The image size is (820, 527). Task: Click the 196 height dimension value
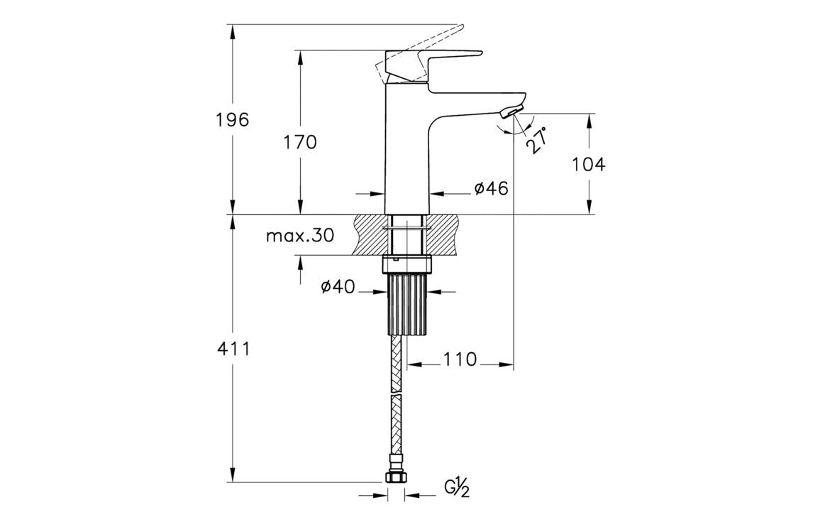click(x=233, y=119)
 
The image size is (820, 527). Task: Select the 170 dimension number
click(x=300, y=142)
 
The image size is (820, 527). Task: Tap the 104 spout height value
click(x=589, y=165)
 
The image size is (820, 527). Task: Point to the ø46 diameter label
click(x=492, y=188)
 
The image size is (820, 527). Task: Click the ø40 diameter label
click(x=338, y=286)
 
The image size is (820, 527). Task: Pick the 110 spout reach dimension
click(x=460, y=359)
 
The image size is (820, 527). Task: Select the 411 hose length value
click(x=233, y=349)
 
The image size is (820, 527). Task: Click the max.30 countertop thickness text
click(x=299, y=236)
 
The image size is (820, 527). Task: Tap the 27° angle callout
click(x=537, y=140)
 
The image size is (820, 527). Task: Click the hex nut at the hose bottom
click(x=396, y=478)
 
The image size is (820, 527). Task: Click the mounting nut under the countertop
click(x=407, y=265)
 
